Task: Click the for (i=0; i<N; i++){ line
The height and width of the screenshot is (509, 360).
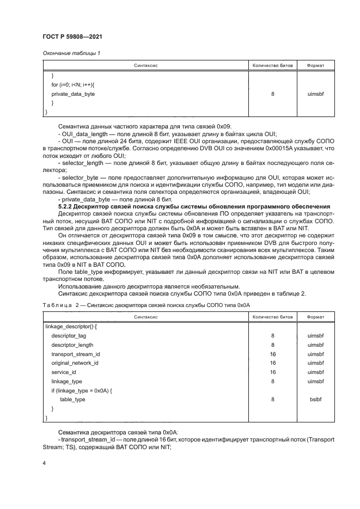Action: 72,85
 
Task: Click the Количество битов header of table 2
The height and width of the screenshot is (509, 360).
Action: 272,316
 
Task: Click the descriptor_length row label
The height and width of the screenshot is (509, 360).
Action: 72,345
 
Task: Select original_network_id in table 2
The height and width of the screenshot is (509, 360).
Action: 75,363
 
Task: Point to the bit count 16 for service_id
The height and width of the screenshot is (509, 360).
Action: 272,372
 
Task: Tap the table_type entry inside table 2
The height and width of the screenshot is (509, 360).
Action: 72,399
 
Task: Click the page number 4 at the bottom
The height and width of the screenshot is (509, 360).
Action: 44,462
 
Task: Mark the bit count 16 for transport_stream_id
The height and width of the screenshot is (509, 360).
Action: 272,354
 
